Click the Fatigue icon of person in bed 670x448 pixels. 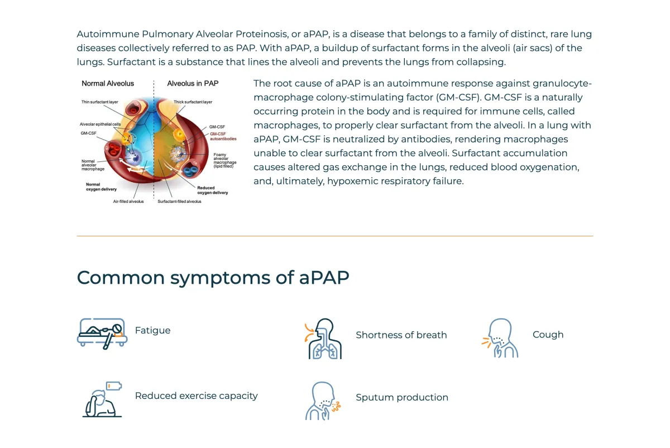coord(102,333)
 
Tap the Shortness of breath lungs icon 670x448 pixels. coord(323,339)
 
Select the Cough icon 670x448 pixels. coord(500,338)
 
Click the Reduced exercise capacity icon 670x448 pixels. coord(102,399)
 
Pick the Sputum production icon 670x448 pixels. coord(323,401)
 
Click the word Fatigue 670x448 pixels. coord(152,330)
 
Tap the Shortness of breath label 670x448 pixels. coord(401,335)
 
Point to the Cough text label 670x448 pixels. coord(548,335)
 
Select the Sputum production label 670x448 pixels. coord(401,397)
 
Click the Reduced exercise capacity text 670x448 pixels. coord(196,395)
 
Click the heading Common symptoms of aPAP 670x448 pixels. coord(213,278)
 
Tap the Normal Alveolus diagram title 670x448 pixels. coord(108,83)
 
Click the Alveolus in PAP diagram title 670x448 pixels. coord(193,83)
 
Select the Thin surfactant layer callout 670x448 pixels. coord(99,102)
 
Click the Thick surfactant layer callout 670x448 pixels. coord(193,102)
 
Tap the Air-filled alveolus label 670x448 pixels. coord(128,201)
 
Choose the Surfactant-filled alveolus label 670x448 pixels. coord(179,201)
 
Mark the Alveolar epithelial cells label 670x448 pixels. coord(100,124)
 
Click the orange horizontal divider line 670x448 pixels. coord(335,236)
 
